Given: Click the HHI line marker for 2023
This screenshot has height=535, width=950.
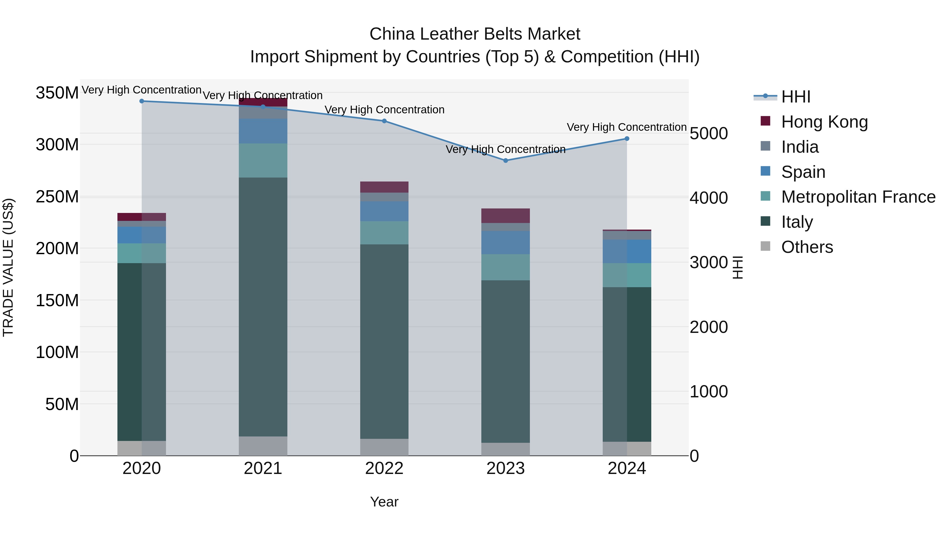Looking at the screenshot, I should click(505, 161).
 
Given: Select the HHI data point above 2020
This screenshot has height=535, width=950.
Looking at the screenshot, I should click(142, 101).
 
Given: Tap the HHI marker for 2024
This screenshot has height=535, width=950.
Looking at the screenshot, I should click(626, 139).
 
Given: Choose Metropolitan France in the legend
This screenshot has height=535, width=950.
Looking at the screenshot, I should click(858, 197).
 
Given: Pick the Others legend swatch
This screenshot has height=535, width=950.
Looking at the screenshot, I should click(765, 246).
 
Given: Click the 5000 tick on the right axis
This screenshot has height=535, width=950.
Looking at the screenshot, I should click(709, 134).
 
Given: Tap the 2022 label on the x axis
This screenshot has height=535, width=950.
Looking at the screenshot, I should click(384, 468).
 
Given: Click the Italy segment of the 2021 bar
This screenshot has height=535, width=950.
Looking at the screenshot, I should click(263, 306).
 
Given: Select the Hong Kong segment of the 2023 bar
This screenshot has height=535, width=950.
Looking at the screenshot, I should click(505, 216).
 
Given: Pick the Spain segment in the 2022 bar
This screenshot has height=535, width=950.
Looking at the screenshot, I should click(384, 211).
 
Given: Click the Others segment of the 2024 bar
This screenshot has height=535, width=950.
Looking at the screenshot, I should click(626, 449).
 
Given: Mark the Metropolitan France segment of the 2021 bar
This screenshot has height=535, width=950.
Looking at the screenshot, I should click(263, 161).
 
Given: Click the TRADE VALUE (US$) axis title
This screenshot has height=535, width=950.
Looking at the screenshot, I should click(8, 267).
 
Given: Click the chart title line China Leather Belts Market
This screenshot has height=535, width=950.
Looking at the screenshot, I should click(475, 34).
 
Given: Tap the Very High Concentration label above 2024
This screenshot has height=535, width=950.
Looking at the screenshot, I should click(626, 127).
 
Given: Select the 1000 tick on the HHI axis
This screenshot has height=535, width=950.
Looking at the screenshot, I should click(709, 392).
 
